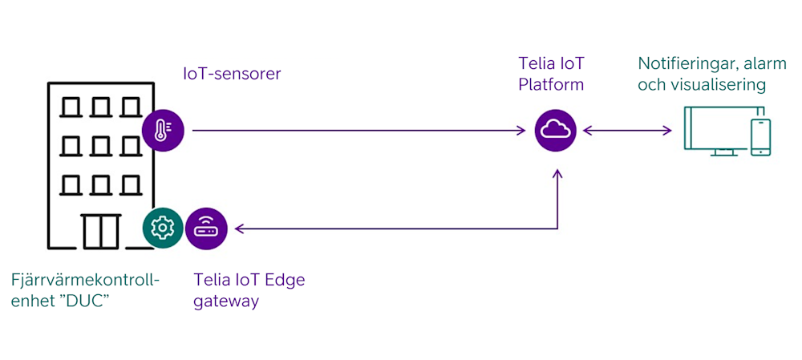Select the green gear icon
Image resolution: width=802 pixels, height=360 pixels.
(x=163, y=229)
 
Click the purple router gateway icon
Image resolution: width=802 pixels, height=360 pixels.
(x=206, y=229)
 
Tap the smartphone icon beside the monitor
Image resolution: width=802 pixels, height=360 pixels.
(x=759, y=137)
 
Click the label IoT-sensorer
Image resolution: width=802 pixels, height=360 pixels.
(x=233, y=75)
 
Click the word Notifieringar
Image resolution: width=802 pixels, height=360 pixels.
(x=684, y=63)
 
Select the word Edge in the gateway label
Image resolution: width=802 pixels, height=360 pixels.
(x=285, y=280)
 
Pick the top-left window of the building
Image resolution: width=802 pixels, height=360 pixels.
(x=73, y=107)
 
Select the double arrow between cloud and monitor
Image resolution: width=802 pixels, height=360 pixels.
(x=627, y=130)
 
